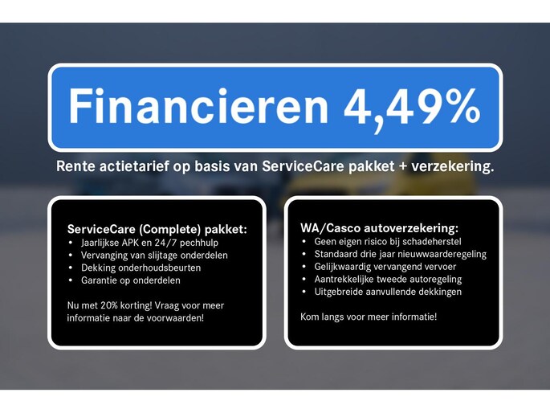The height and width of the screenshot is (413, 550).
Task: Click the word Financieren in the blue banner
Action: pos(198,105)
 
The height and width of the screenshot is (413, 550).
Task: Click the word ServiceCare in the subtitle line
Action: pos(303,166)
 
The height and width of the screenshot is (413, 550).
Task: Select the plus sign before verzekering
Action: pos(403,166)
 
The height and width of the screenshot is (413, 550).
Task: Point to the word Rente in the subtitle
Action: pos(75,166)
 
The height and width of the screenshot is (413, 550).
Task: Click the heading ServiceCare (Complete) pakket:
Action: pos(157,230)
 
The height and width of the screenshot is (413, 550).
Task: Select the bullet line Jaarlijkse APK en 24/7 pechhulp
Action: pos(149,243)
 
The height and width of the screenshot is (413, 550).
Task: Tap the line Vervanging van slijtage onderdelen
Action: pos(154,256)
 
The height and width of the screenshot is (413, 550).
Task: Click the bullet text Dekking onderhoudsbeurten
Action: pos(141,268)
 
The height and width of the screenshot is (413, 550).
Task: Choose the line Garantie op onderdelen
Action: pos(131,280)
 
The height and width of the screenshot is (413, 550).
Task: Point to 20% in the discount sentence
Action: pos(108,305)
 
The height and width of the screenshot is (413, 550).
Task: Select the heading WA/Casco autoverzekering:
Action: pos(379,228)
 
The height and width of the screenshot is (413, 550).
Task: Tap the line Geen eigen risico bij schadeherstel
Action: pos(388,242)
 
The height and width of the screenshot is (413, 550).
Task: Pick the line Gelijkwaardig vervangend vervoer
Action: pos(385,267)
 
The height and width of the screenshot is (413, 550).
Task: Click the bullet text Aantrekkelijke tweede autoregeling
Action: pos(388,280)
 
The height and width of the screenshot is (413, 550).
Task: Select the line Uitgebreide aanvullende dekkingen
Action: pos(388,292)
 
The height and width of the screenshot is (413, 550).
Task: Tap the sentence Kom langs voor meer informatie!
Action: pos(369,317)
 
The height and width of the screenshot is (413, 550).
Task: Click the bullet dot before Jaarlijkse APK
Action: pos(71,243)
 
